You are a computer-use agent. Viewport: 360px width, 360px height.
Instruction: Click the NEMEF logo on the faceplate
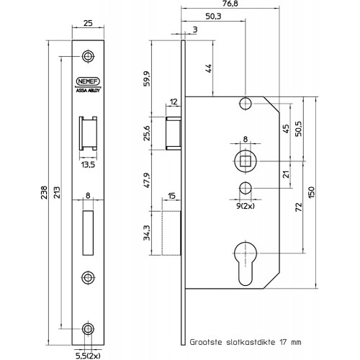[x=88, y=81]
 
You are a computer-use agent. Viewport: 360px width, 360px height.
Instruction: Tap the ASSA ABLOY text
[x=88, y=91]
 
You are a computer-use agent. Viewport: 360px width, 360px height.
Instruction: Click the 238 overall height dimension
[x=44, y=192]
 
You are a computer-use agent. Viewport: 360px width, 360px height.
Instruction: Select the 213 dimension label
[x=56, y=192]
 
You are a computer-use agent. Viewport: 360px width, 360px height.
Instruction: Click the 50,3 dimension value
[x=213, y=17]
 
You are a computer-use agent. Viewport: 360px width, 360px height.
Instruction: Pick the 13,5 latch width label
[x=88, y=165]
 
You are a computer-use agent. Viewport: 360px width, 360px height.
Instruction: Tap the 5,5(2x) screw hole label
[x=88, y=356]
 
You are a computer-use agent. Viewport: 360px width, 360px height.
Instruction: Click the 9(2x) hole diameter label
[x=246, y=206]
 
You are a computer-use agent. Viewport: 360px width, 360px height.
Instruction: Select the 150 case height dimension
[x=311, y=192]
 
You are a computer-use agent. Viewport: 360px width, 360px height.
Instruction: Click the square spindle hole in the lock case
[x=246, y=161]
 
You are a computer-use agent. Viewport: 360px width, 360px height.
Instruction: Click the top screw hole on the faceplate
[x=88, y=56]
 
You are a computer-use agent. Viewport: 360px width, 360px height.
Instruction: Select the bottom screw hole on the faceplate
[x=88, y=329]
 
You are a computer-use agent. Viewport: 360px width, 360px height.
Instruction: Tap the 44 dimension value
[x=209, y=68]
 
